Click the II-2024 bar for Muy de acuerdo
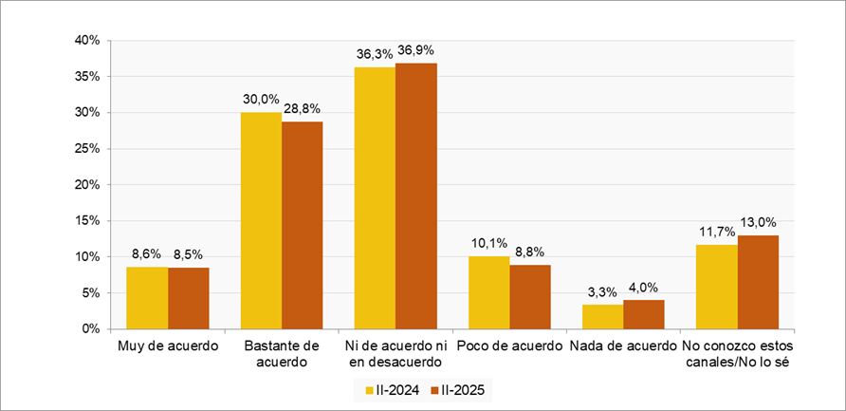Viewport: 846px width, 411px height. click(148, 298)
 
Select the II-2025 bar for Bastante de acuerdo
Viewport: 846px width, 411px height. click(302, 225)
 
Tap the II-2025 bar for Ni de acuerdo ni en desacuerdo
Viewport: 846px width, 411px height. click(415, 196)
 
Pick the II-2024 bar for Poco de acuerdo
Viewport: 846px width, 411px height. click(489, 292)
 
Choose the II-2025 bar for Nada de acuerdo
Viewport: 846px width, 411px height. click(643, 314)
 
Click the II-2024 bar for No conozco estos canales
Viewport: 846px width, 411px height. click(717, 287)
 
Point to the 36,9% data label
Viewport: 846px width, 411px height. click(417, 49)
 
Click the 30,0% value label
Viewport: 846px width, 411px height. click(261, 99)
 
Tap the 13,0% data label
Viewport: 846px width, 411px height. click(759, 221)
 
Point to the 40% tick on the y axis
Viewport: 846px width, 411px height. click(87, 41)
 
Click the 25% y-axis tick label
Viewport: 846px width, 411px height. click(87, 149)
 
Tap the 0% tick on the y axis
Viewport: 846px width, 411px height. click(91, 329)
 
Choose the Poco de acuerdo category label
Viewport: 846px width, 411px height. click(509, 346)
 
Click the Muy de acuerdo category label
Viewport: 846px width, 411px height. click(168, 346)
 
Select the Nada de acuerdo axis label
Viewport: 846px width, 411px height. click(623, 346)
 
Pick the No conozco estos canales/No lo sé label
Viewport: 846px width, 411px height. click(737, 354)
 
